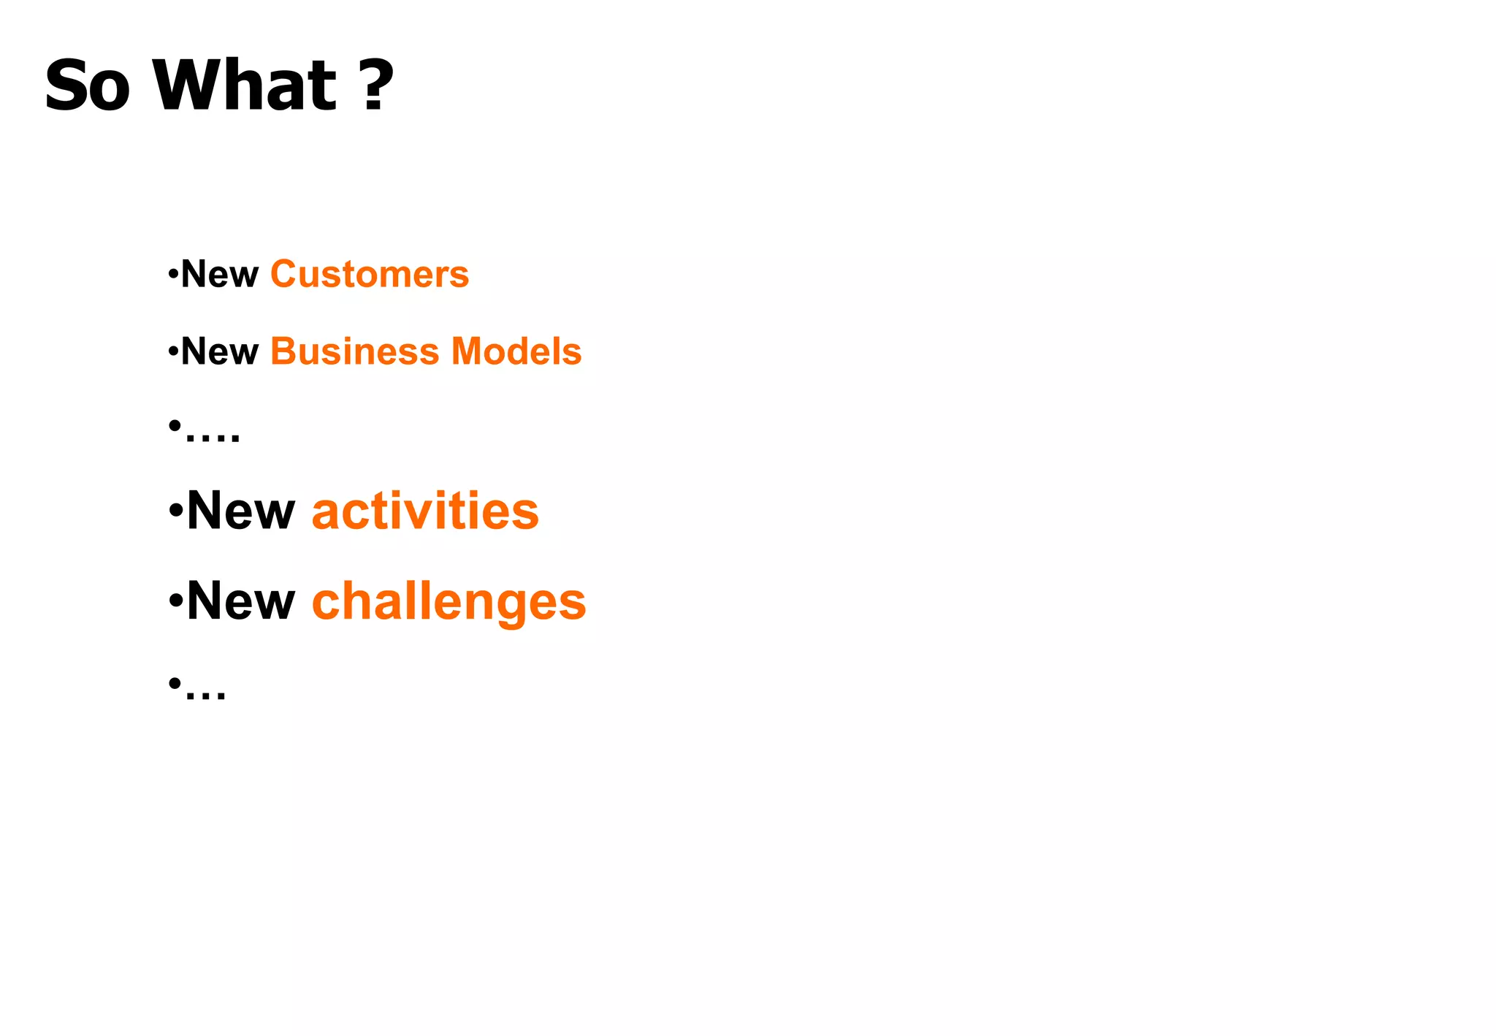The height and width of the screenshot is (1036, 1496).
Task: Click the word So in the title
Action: tap(87, 86)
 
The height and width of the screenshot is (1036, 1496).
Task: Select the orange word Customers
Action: tap(370, 275)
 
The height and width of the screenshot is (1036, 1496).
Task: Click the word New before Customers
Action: tap(219, 275)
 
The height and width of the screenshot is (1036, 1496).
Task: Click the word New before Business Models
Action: tap(219, 351)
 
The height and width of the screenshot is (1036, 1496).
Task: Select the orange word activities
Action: tap(425, 511)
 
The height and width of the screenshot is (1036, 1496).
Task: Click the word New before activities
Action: tap(240, 511)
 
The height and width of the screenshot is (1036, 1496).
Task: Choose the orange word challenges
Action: tap(449, 602)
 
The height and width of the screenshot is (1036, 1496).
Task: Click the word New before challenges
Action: tap(240, 602)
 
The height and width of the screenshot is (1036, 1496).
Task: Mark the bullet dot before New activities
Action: tap(175, 510)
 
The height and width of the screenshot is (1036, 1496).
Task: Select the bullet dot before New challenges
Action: tap(175, 601)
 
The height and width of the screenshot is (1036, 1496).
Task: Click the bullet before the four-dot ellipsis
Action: tap(175, 424)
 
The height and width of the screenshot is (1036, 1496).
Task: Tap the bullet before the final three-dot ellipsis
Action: tap(175, 683)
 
